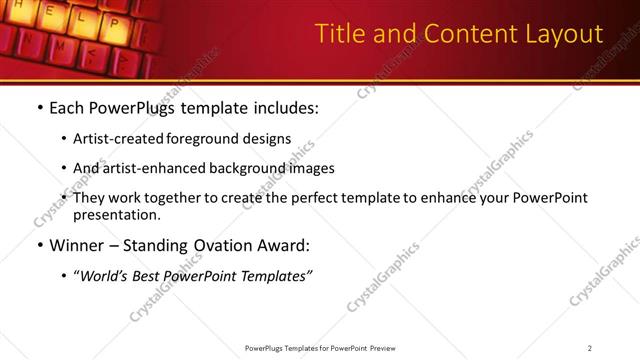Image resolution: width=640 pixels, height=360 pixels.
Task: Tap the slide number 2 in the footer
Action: point(590,348)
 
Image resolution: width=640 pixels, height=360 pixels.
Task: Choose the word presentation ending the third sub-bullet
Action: point(116,214)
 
